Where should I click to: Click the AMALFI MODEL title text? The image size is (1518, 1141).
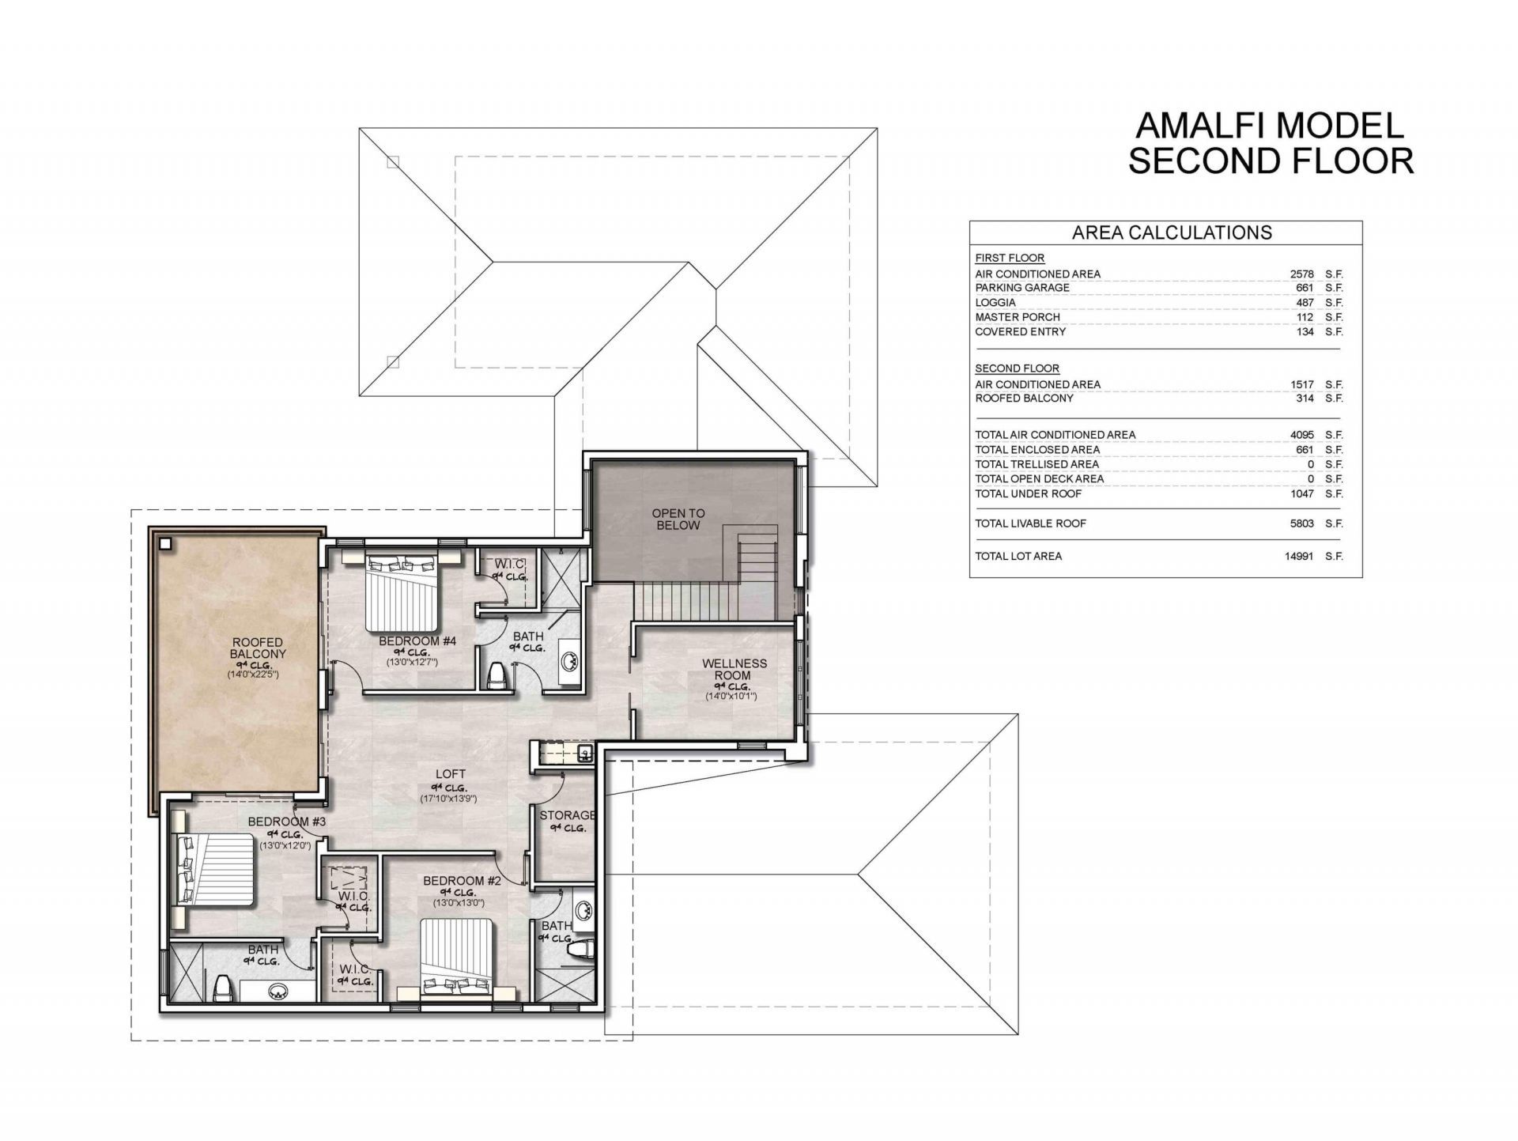coord(1270,126)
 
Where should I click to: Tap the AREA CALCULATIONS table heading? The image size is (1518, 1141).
coord(1172,232)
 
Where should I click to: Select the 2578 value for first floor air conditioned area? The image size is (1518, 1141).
coord(1301,274)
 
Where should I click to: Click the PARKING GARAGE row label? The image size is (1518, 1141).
coord(1021,288)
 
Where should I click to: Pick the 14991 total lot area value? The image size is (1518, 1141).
coord(1298,556)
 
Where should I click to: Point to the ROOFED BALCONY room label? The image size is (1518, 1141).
coord(258,648)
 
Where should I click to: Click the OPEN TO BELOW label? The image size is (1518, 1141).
coord(678,519)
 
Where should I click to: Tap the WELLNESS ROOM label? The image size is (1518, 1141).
coord(734,669)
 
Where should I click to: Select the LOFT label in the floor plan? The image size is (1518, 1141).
coord(450,774)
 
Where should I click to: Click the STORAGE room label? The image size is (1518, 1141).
coord(567,815)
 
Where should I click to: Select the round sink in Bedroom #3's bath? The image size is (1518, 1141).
coord(278,992)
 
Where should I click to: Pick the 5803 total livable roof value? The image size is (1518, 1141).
coord(1301,523)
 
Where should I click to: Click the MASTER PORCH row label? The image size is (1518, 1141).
coord(1018,317)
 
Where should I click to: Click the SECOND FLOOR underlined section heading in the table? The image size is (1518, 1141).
coord(1017,368)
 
